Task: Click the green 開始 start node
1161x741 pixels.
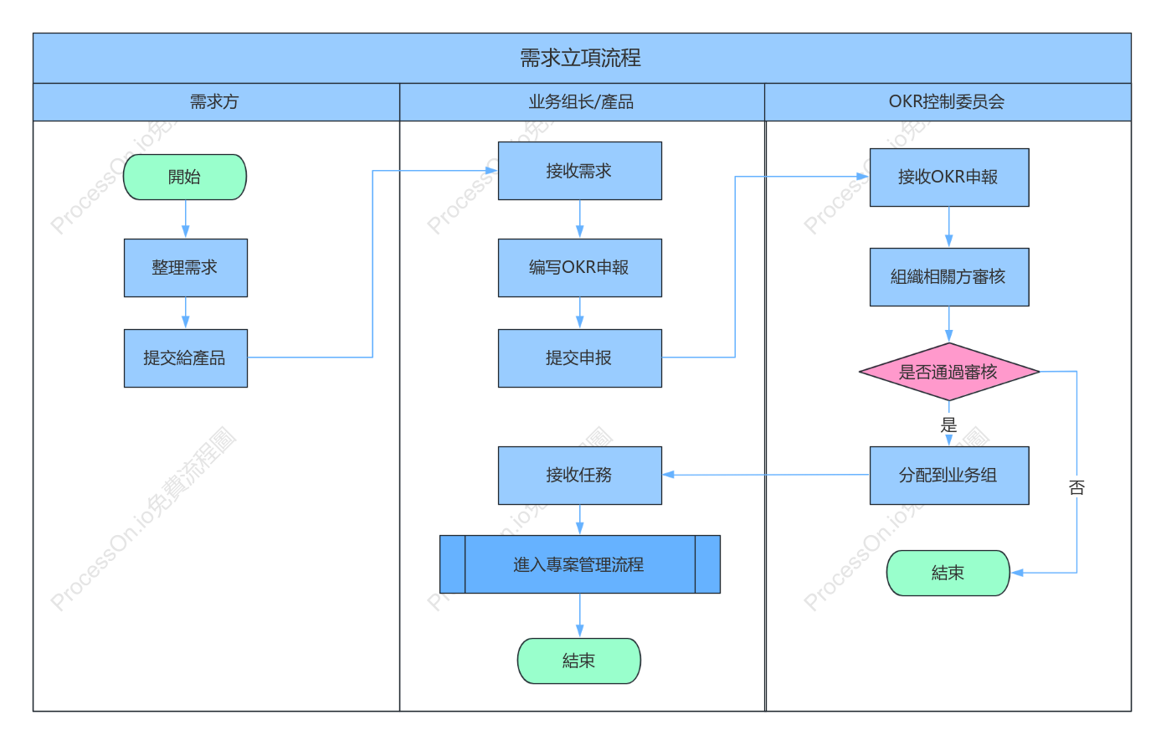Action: (184, 177)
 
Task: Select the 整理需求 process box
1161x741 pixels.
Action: (186, 268)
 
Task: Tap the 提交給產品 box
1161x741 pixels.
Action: (186, 358)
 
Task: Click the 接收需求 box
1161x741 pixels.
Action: (579, 171)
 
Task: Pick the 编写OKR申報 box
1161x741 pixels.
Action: (579, 268)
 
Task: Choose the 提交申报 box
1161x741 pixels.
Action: (579, 358)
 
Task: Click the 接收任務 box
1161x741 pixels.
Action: (579, 475)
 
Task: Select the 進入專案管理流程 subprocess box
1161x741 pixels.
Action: (579, 564)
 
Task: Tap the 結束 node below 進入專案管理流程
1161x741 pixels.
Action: (579, 661)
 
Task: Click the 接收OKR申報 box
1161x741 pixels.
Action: (949, 178)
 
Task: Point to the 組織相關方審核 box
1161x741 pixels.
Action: (949, 277)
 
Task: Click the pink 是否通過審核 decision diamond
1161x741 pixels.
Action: (949, 371)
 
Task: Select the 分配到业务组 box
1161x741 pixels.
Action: (949, 475)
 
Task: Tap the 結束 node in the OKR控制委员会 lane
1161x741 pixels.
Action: (948, 573)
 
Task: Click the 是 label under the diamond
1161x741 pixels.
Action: (948, 425)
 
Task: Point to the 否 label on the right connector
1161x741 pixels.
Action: (1076, 487)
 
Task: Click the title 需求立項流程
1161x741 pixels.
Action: (581, 58)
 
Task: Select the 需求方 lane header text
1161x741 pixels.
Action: (214, 101)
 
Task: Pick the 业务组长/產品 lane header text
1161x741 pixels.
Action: (581, 101)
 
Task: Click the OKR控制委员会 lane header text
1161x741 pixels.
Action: (947, 101)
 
